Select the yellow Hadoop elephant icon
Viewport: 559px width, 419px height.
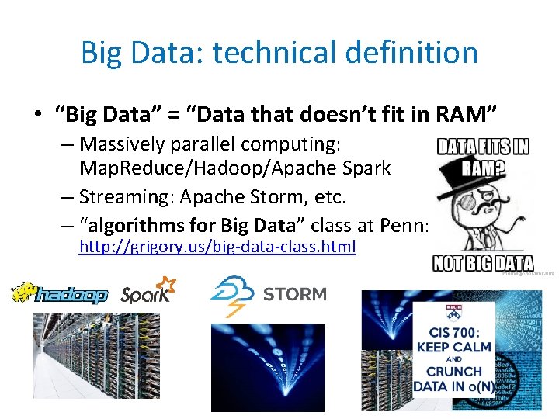tap(25, 293)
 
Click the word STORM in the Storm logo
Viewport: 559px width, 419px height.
tap(295, 294)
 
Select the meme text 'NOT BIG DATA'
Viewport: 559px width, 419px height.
tap(483, 263)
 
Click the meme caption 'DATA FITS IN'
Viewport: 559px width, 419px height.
tap(483, 147)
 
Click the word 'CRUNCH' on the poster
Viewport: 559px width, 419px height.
tap(453, 372)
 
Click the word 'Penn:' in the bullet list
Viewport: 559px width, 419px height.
tap(408, 226)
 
